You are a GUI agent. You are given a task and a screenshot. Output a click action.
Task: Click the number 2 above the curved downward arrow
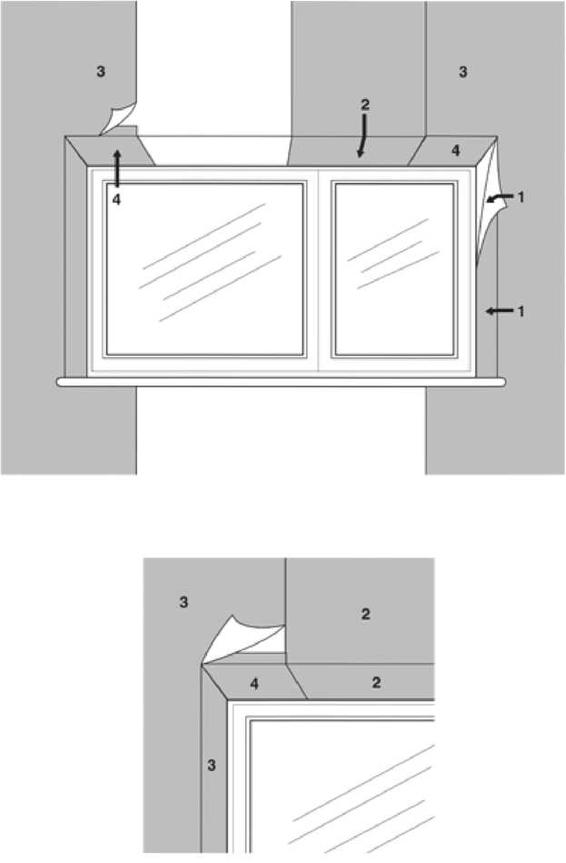tap(365, 105)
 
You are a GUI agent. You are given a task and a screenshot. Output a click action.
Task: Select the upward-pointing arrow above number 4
tap(116, 168)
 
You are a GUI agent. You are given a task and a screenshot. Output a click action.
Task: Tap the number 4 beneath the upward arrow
tap(116, 200)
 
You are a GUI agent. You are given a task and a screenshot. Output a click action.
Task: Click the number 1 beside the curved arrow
tap(521, 196)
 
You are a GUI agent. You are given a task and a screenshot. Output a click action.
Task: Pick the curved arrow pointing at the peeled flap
tap(498, 197)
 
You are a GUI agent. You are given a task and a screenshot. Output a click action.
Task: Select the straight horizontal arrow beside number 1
tap(499, 312)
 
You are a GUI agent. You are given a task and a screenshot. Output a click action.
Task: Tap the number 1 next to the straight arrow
tap(521, 312)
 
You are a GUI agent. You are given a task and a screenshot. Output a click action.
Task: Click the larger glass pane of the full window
tap(204, 269)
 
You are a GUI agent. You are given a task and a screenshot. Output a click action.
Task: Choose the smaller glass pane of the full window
tap(393, 269)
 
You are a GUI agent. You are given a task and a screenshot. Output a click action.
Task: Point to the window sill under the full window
tap(281, 382)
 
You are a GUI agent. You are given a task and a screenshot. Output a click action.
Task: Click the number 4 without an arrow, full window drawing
tap(455, 150)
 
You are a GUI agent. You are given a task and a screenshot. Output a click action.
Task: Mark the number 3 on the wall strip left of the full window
tap(101, 71)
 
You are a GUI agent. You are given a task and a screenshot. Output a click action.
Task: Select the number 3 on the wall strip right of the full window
tap(463, 72)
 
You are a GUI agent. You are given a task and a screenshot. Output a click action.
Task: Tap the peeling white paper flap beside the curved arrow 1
tap(489, 209)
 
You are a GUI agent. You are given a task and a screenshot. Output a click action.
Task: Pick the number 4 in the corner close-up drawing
tap(254, 684)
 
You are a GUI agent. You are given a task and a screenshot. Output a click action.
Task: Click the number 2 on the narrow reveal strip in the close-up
tap(376, 682)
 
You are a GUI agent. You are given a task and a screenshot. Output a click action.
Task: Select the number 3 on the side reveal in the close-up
tap(212, 765)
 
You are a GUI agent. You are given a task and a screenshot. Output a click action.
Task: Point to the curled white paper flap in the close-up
tap(242, 641)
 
